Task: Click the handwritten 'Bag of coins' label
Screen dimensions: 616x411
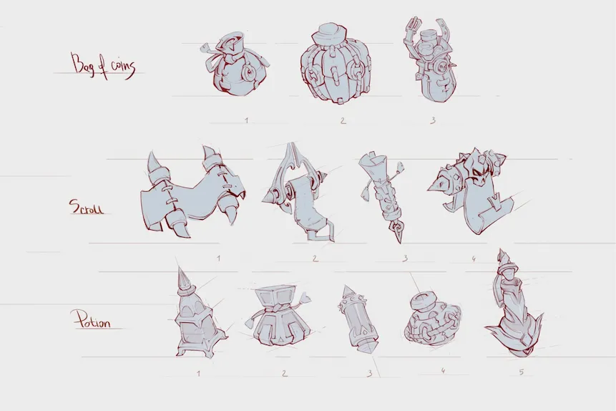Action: (103, 66)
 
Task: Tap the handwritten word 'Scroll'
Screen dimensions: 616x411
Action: (87, 206)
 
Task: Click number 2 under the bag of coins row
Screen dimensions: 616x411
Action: (343, 121)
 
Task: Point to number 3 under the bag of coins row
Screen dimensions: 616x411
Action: (433, 120)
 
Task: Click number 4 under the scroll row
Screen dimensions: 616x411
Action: (474, 258)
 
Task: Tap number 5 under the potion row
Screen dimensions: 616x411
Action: (522, 372)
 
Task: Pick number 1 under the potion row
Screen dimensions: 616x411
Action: (198, 373)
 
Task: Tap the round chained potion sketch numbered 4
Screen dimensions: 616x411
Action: (431, 319)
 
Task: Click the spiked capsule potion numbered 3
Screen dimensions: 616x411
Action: (358, 321)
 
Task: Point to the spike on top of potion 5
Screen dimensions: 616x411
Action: (502, 257)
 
